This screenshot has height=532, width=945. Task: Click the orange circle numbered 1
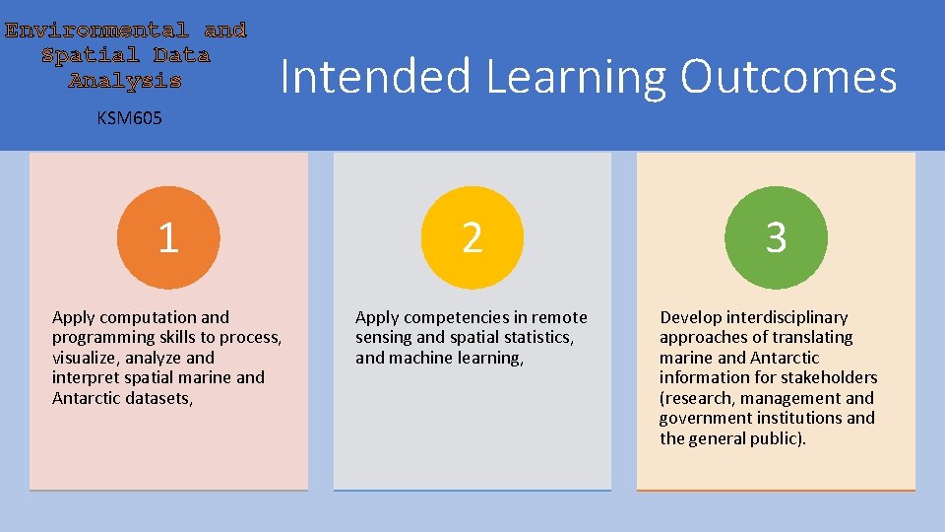pos(168,237)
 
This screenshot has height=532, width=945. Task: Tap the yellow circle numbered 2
pos(472,237)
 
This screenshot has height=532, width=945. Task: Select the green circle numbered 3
pos(776,237)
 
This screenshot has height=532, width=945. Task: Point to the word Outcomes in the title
pos(788,77)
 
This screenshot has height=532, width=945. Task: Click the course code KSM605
pos(129,119)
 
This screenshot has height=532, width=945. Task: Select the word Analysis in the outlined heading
pos(125,81)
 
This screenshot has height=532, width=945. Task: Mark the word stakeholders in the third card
pos(828,378)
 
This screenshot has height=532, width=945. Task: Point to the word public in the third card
pos(777,438)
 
